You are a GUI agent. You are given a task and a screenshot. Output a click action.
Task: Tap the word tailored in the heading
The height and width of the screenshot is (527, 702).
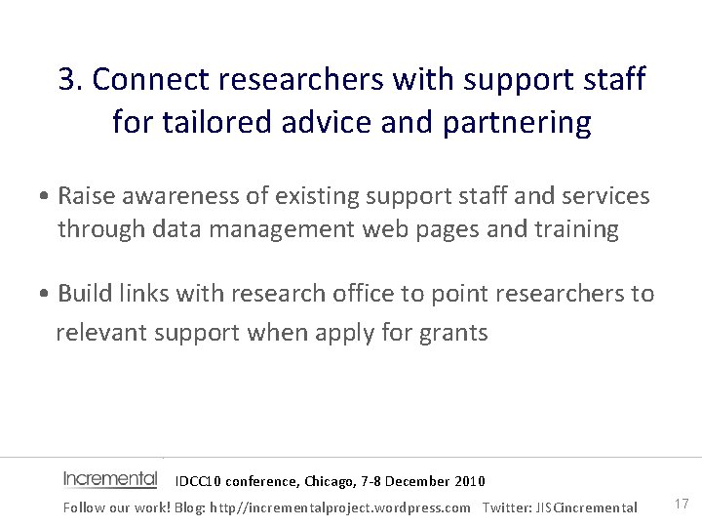pyautogui.click(x=204, y=123)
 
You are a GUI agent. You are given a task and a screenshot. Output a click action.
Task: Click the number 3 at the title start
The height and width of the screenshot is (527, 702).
pyautogui.click(x=67, y=79)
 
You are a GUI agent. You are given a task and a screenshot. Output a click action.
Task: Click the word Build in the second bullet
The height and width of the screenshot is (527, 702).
pyautogui.click(x=84, y=293)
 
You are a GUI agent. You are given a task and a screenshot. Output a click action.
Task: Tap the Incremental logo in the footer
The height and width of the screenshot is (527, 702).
pyautogui.click(x=110, y=479)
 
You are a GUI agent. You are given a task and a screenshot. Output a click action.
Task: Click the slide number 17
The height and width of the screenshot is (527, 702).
pyautogui.click(x=682, y=504)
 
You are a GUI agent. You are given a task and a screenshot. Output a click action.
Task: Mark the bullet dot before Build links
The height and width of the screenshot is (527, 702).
pyautogui.click(x=46, y=294)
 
